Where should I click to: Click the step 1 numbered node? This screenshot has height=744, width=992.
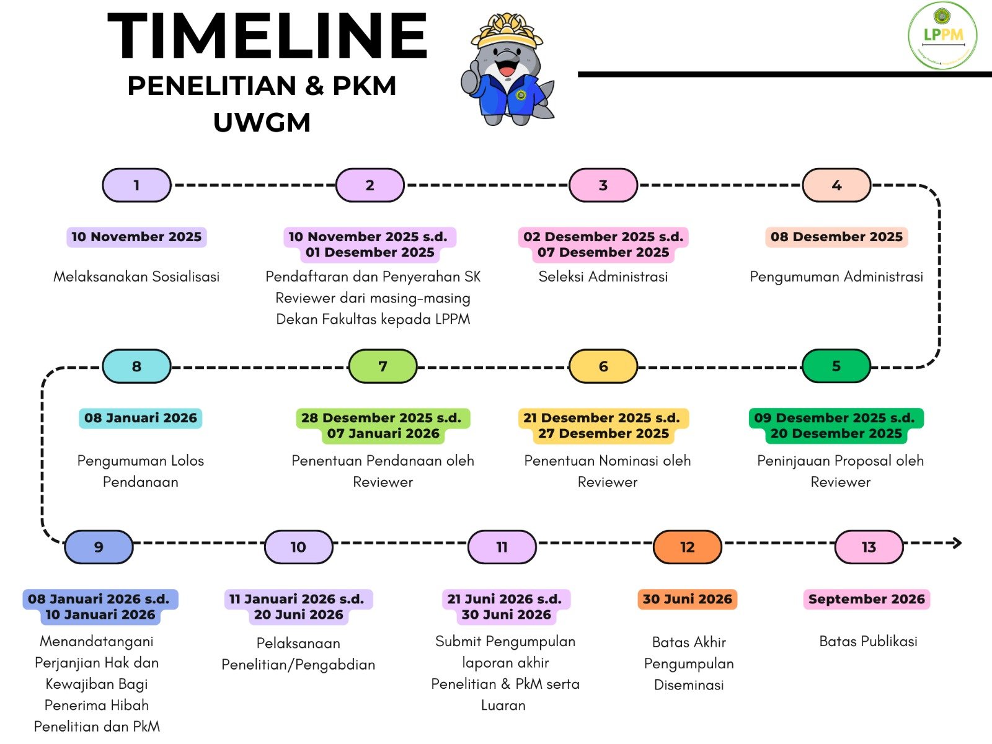(136, 185)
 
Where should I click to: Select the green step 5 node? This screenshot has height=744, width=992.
(836, 366)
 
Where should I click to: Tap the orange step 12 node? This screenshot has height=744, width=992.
(687, 547)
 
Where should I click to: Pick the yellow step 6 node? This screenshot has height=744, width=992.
(603, 366)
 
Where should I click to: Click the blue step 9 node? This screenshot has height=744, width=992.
(99, 547)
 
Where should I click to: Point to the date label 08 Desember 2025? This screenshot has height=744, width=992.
(836, 237)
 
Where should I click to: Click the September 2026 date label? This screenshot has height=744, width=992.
(866, 599)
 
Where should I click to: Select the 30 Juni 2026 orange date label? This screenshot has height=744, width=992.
(687, 599)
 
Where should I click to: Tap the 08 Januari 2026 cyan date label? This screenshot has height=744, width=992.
(140, 418)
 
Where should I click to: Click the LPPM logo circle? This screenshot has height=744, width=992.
(942, 35)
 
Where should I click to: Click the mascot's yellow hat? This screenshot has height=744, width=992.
(507, 30)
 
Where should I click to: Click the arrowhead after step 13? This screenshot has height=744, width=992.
(957, 543)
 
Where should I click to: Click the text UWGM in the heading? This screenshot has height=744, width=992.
(262, 122)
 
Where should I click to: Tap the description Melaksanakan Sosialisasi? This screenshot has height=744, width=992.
(136, 277)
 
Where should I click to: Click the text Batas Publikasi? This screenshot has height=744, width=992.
(868, 641)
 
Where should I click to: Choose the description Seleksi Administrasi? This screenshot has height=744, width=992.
(603, 277)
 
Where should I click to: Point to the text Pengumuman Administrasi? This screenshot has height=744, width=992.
(836, 277)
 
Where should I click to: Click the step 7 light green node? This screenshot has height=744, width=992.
(383, 366)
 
